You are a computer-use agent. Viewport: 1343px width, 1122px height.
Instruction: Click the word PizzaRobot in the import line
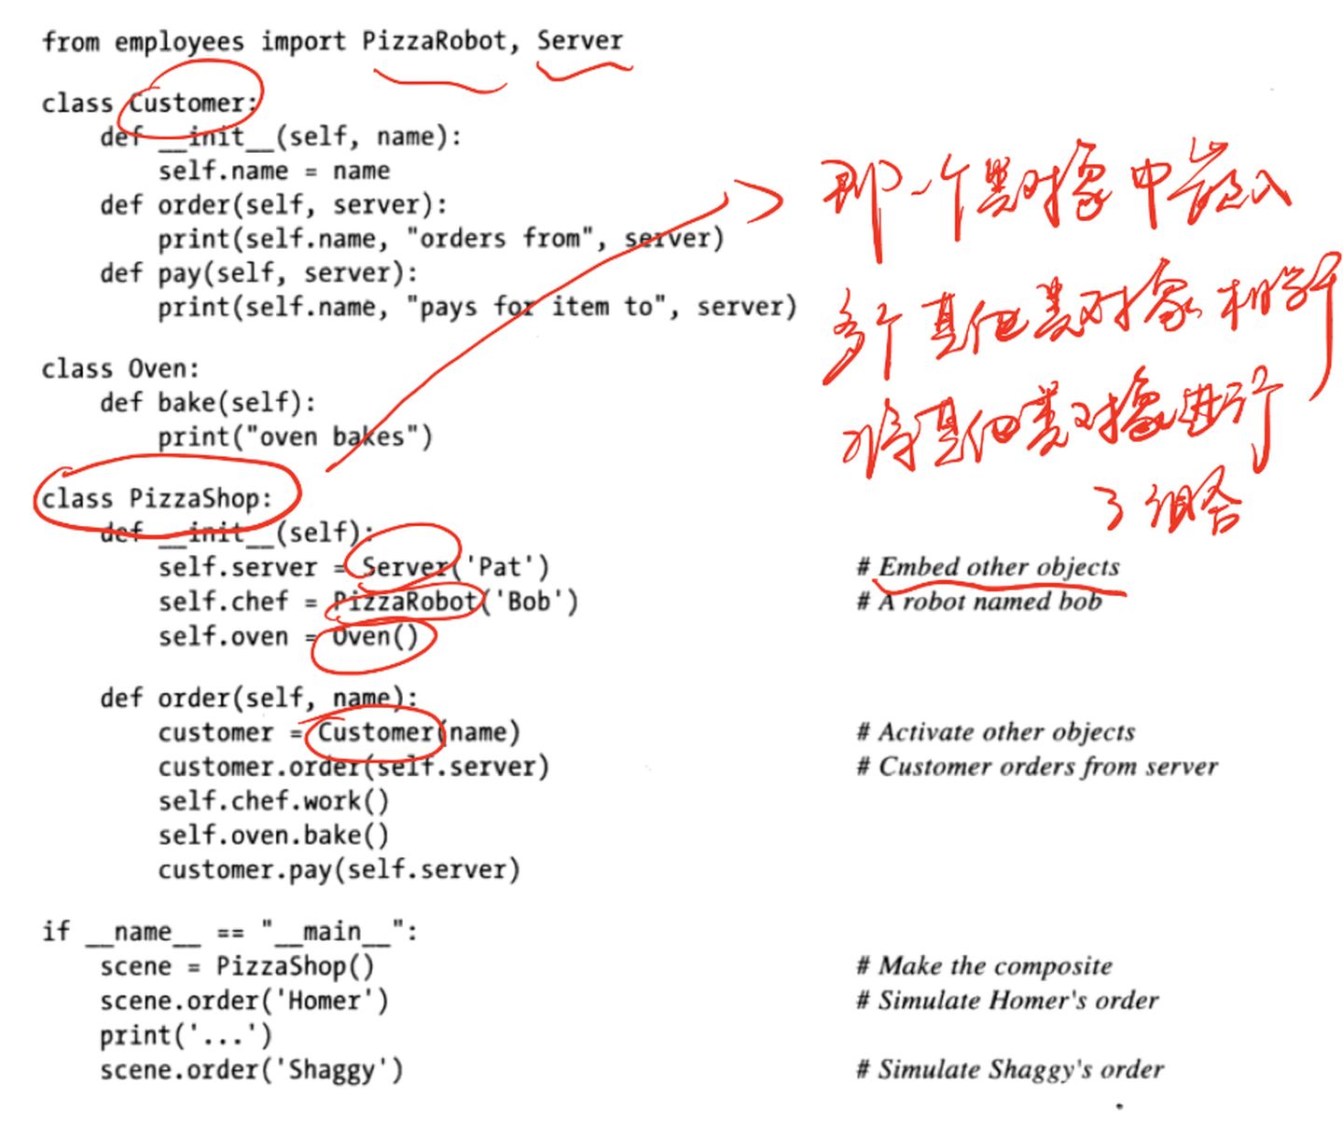(x=434, y=41)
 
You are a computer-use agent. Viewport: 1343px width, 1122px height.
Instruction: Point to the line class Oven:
(x=119, y=368)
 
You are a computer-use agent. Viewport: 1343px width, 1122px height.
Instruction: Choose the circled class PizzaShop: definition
(x=157, y=498)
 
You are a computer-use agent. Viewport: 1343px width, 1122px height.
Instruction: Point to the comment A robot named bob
(x=989, y=602)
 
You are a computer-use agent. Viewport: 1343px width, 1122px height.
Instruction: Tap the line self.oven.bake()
(x=273, y=835)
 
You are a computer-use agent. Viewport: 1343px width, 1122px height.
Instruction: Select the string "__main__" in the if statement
(x=331, y=931)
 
